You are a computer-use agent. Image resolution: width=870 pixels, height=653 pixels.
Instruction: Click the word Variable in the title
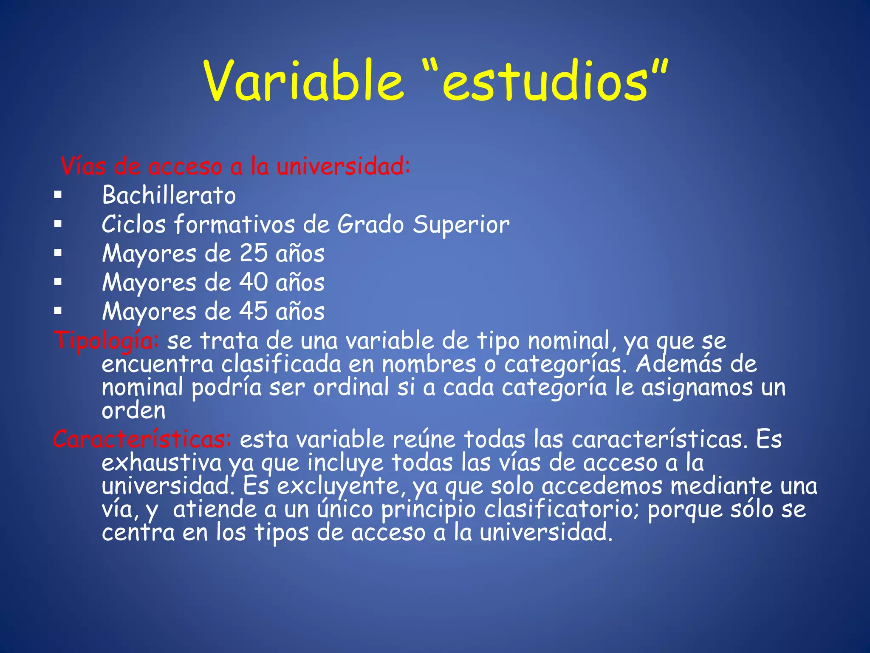[303, 81]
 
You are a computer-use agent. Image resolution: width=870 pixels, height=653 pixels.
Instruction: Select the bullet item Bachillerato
[169, 196]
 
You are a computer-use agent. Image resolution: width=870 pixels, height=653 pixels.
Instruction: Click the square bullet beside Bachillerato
[58, 196]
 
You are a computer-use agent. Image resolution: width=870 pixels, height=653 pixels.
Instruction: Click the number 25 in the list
[254, 253]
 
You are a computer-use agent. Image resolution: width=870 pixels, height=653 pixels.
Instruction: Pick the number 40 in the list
[254, 282]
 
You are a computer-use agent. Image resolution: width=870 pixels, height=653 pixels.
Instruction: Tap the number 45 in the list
[254, 311]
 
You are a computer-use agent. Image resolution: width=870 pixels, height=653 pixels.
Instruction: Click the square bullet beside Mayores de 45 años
[58, 311]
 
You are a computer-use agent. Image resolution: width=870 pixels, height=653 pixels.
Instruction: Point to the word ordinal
[351, 388]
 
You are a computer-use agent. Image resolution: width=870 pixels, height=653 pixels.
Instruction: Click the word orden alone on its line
[133, 411]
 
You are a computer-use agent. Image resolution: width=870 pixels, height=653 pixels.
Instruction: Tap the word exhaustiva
[161, 463]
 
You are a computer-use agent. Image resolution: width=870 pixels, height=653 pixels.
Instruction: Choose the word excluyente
[338, 486]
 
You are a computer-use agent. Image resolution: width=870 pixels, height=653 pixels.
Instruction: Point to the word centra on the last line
[138, 532]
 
